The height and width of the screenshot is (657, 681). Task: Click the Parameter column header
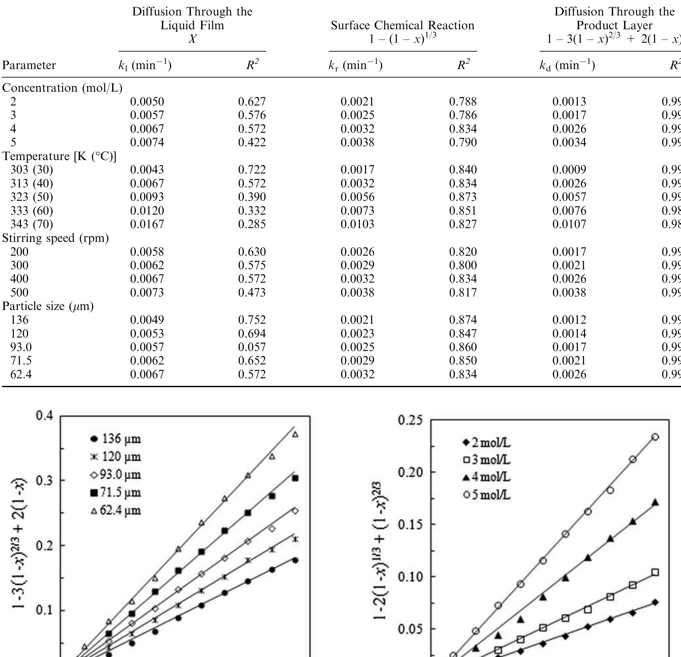[29, 65]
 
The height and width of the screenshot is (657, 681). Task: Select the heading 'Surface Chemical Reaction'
[402, 25]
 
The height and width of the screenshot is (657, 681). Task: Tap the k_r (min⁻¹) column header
[355, 65]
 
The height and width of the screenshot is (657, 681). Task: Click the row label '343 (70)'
[32, 224]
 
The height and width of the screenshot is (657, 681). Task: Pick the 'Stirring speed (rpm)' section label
[56, 238]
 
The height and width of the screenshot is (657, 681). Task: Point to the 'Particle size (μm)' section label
[48, 306]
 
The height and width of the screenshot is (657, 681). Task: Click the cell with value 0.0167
[147, 224]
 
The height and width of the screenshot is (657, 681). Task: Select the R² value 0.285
[251, 224]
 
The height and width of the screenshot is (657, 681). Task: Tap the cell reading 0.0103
[357, 224]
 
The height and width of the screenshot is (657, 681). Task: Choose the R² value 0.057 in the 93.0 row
[251, 347]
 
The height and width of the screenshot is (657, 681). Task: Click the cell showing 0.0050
[147, 102]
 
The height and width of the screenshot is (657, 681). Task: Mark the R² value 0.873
[463, 197]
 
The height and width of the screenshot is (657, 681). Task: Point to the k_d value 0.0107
[569, 224]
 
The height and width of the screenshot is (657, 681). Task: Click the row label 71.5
[21, 361]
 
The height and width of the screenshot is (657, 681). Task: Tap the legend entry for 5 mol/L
[487, 495]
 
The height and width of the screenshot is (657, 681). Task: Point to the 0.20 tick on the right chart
[410, 472]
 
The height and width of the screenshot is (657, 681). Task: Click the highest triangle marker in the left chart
[295, 434]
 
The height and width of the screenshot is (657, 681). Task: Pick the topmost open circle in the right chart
[655, 437]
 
